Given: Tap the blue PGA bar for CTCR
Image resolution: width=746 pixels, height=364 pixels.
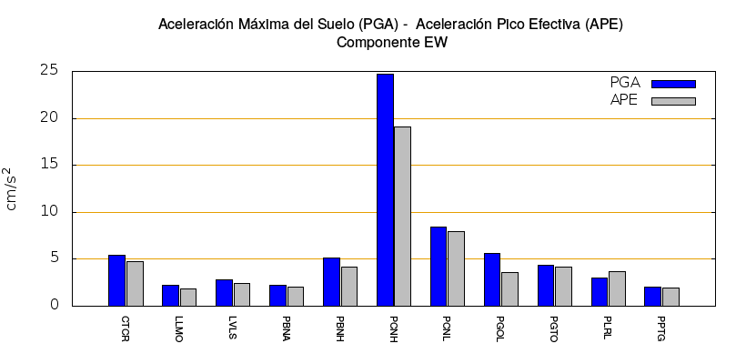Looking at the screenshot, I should point(116,280).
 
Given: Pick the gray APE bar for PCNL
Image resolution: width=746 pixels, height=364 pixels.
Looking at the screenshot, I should point(456,268).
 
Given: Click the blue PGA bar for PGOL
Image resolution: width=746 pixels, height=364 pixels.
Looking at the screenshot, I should point(492,279).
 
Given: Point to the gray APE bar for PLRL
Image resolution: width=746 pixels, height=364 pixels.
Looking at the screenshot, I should point(617,288).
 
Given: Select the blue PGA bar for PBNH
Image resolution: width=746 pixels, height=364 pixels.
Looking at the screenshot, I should point(331,281).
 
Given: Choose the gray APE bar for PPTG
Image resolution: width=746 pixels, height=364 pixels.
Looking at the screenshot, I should point(670,297).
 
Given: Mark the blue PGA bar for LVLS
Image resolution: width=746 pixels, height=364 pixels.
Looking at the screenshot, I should point(224,292).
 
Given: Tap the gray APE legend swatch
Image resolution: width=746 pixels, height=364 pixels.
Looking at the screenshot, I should point(673,101).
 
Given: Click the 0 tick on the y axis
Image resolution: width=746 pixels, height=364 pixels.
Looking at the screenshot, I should point(54,306).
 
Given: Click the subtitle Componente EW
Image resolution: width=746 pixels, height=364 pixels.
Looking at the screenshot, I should point(392,42).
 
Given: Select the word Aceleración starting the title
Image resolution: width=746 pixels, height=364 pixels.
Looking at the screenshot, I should point(197,23).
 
